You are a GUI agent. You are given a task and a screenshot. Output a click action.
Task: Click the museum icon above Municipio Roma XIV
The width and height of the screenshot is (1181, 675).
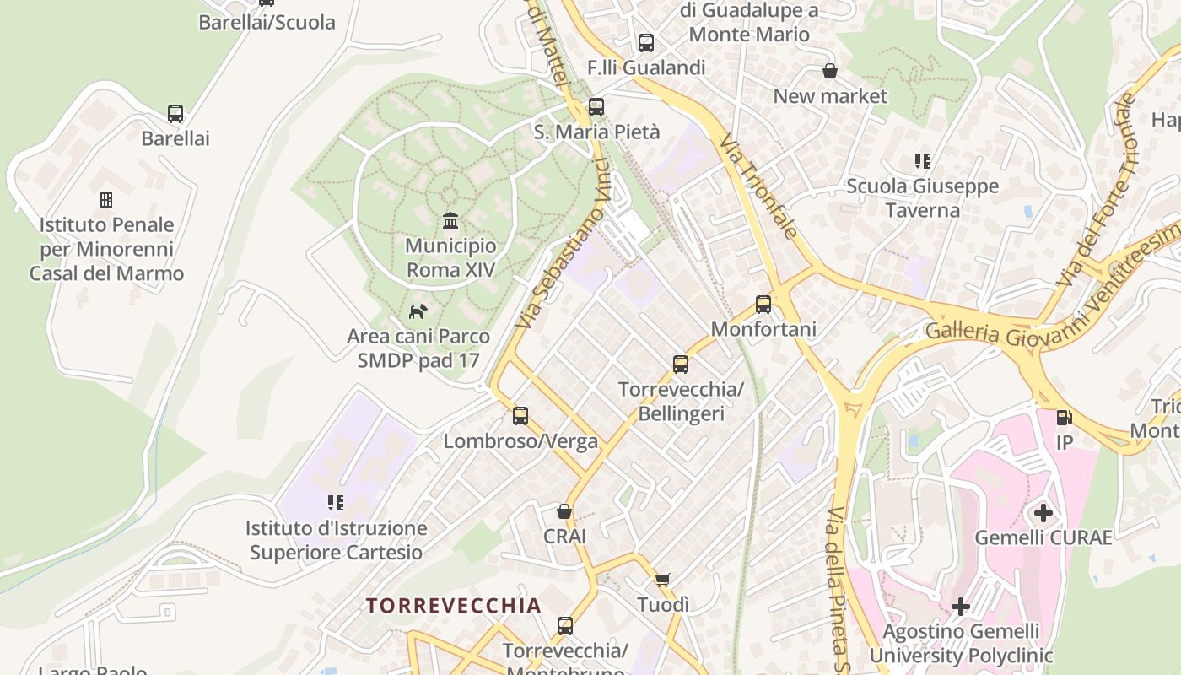click(450, 221)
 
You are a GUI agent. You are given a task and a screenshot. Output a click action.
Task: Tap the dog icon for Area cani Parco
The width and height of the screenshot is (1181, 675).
click(418, 312)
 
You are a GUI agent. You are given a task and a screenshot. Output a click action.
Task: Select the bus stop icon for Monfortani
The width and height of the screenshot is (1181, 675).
click(763, 305)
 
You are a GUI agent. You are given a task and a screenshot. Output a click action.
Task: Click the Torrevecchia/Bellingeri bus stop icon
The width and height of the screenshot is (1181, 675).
click(681, 364)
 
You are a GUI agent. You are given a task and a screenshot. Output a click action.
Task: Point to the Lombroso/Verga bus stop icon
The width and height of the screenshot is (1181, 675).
click(520, 416)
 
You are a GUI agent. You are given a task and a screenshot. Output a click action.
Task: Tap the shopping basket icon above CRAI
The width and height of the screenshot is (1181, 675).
click(564, 511)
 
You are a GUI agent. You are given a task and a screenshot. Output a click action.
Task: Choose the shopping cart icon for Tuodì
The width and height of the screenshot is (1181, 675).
click(663, 580)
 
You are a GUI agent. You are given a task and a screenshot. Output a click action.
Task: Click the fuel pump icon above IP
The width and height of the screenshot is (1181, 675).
click(1064, 418)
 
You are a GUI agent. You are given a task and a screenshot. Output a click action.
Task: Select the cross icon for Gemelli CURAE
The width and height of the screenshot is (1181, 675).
click(1043, 512)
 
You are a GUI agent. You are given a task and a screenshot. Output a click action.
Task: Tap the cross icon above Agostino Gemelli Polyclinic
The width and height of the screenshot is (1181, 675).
click(961, 606)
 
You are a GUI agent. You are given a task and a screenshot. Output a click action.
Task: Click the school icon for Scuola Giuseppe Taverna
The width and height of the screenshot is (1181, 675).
click(922, 160)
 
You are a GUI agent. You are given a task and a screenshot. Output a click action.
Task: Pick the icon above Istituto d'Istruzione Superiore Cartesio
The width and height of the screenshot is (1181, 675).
click(336, 503)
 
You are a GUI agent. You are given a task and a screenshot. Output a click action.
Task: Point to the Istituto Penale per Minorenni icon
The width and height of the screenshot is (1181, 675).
click(106, 200)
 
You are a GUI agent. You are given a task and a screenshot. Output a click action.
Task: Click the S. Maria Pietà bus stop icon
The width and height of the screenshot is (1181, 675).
click(596, 107)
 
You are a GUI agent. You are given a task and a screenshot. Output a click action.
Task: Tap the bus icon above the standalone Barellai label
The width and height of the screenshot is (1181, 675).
click(175, 114)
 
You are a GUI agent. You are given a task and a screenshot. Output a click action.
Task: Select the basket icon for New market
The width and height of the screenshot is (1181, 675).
click(830, 71)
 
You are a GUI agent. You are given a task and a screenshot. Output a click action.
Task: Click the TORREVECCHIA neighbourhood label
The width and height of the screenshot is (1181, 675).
click(453, 606)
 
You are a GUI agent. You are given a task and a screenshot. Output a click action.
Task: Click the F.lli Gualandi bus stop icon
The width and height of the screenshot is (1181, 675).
click(646, 42)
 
